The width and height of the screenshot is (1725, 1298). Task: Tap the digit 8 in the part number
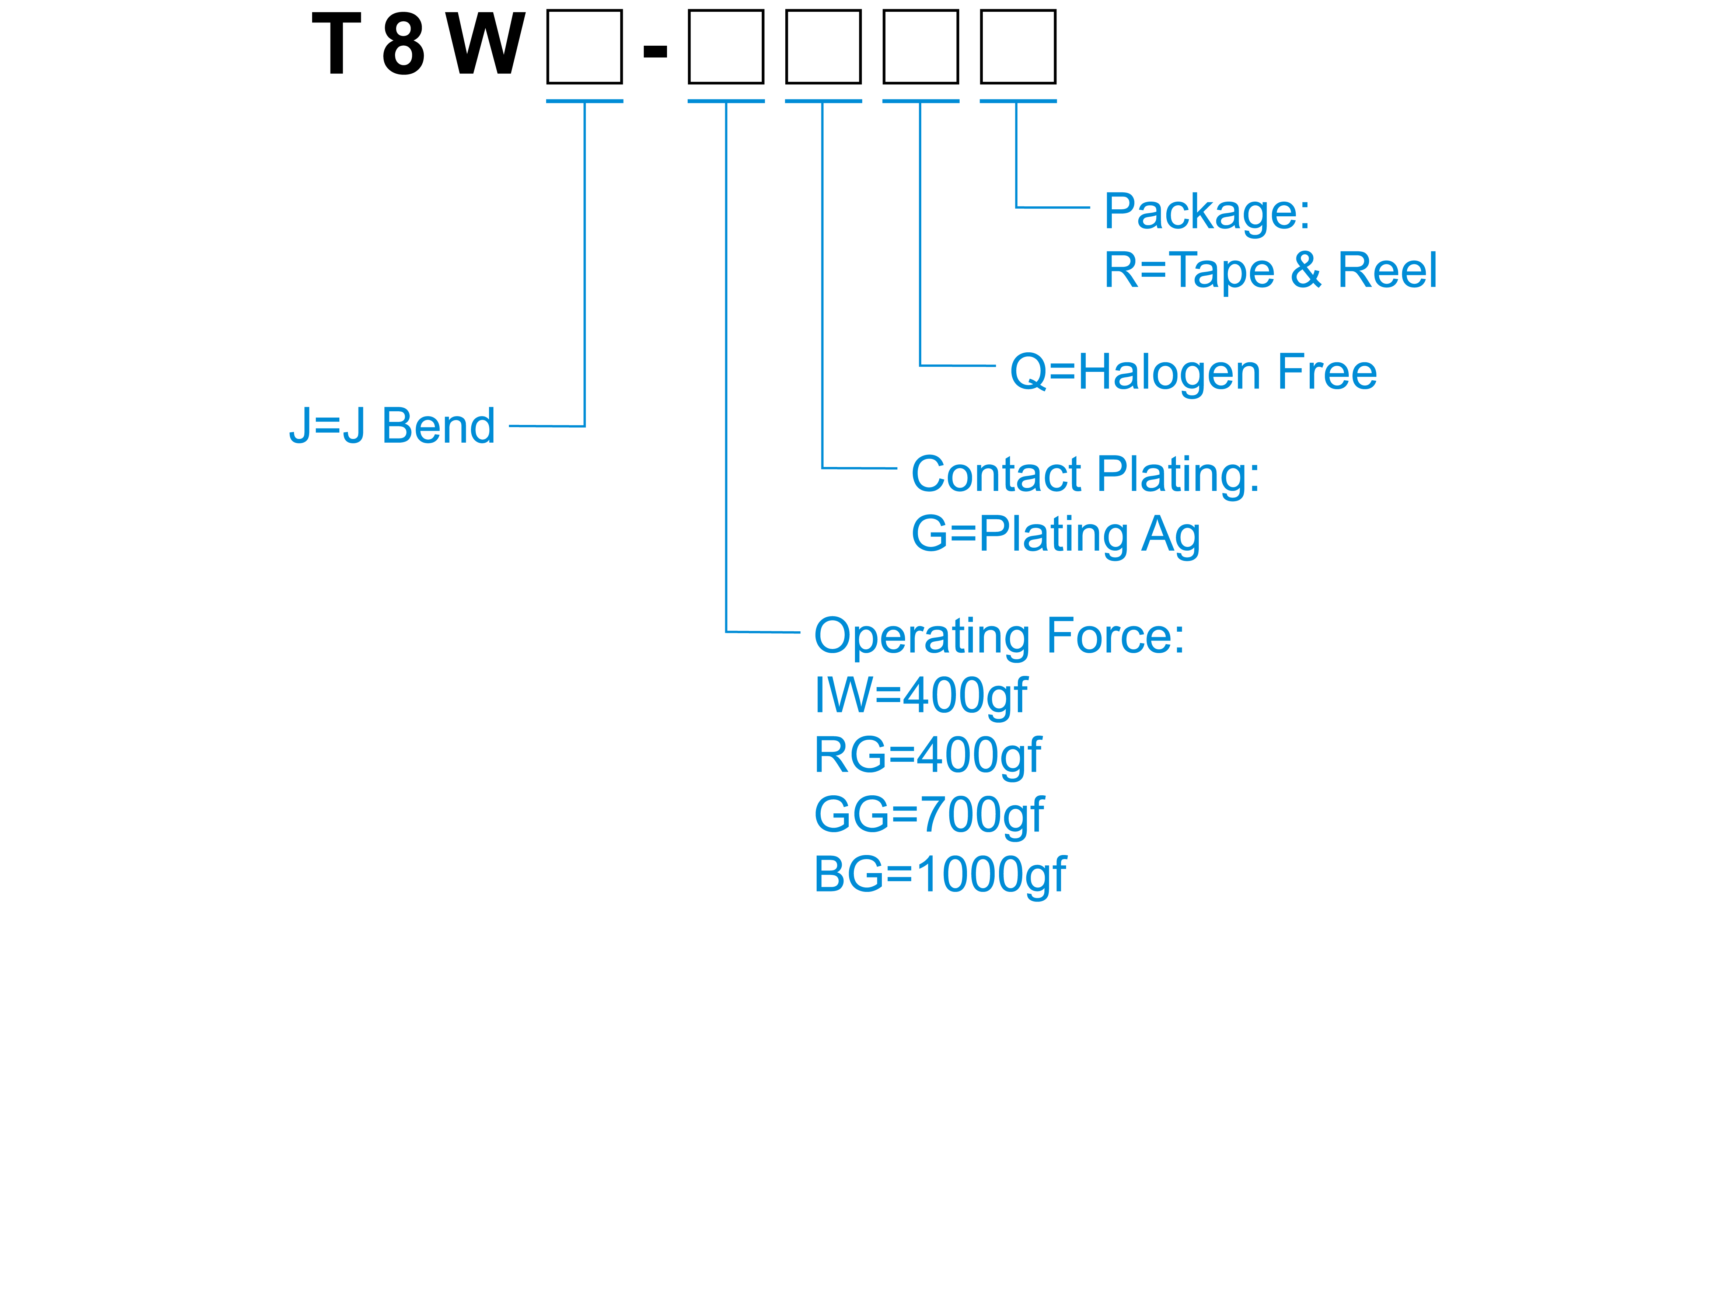pos(403,45)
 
